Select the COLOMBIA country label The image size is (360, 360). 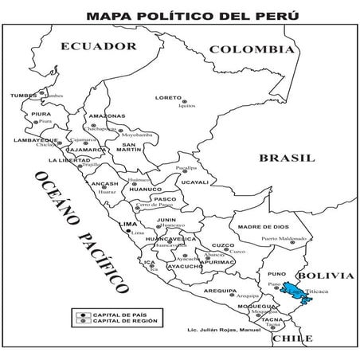tap(252, 50)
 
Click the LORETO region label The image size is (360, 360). tap(168, 98)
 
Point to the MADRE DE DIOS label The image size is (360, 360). tap(260, 226)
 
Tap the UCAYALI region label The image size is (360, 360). tap(194, 182)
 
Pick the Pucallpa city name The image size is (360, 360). tap(185, 169)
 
